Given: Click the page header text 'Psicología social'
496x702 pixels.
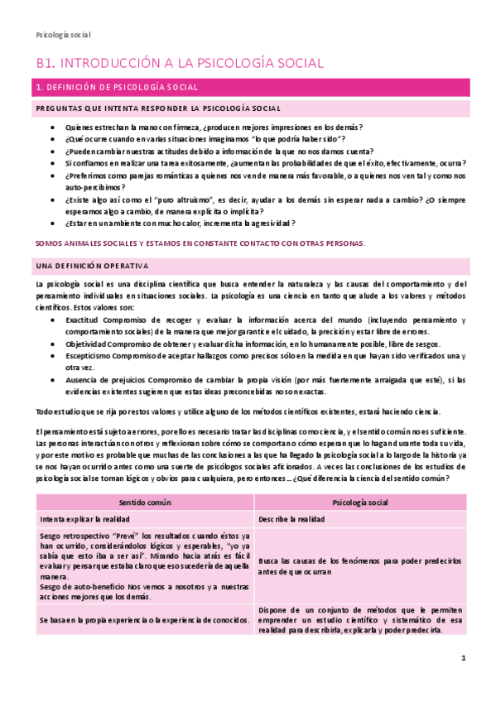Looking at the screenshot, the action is (x=64, y=35).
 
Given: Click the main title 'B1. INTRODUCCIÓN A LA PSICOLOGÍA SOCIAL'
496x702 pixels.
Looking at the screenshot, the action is (x=180, y=63).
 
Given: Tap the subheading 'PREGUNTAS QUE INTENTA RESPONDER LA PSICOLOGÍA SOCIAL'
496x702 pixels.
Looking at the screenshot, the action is (x=157, y=108).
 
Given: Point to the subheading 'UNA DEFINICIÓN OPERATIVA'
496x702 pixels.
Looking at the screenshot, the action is (x=92, y=266).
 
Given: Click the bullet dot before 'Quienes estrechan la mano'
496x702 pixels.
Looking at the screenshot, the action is (x=53, y=127).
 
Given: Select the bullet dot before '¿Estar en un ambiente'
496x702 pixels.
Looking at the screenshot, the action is (x=53, y=224).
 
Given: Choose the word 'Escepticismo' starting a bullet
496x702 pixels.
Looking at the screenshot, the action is (x=89, y=356).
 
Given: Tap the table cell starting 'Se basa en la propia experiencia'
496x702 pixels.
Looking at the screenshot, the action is (x=144, y=620).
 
